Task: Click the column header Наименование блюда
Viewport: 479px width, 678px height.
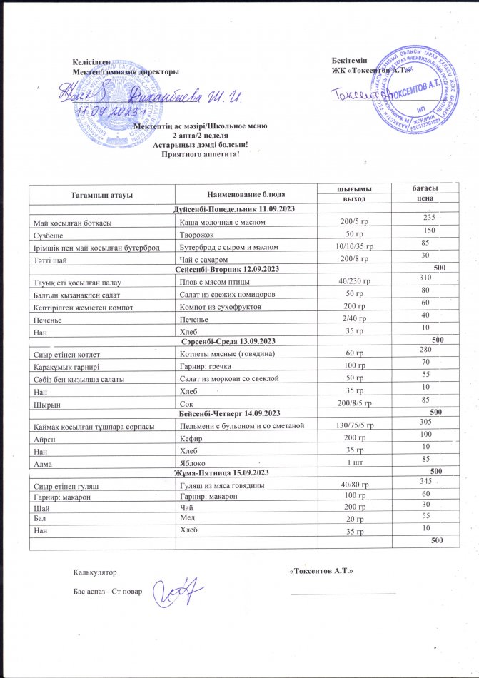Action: point(247,194)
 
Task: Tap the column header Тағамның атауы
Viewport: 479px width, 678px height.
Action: point(101,194)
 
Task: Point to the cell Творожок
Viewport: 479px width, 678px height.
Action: point(196,234)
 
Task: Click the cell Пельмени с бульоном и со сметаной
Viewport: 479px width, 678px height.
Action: point(243,426)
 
